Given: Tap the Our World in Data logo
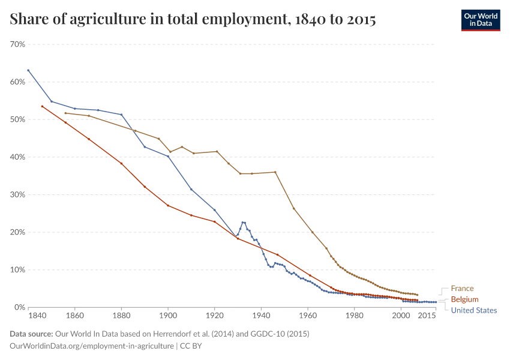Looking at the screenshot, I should [481, 20].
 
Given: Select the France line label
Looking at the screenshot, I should [462, 289].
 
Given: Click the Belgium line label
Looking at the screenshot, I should [464, 299].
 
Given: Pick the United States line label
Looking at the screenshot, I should [473, 310].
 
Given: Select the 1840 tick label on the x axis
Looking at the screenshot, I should [37, 316].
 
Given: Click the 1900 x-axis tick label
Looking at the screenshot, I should [168, 316].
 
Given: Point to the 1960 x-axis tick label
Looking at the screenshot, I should [308, 316].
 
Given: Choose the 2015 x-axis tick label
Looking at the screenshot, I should [427, 316].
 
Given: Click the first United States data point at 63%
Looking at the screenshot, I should [28, 70].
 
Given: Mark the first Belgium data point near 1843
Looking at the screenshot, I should [42, 106].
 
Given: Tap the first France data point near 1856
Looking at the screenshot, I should [65, 113].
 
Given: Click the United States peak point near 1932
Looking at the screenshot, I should [242, 223].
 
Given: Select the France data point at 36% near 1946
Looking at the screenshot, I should [275, 172].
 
